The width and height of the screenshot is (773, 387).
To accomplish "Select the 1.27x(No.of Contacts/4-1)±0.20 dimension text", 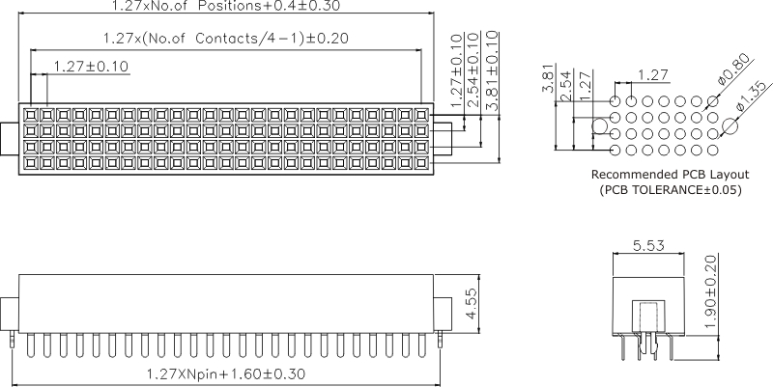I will click(x=225, y=39).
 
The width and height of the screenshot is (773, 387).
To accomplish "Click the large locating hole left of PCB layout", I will click(x=599, y=125).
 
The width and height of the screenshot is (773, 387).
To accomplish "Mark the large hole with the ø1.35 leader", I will click(x=730, y=125).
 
